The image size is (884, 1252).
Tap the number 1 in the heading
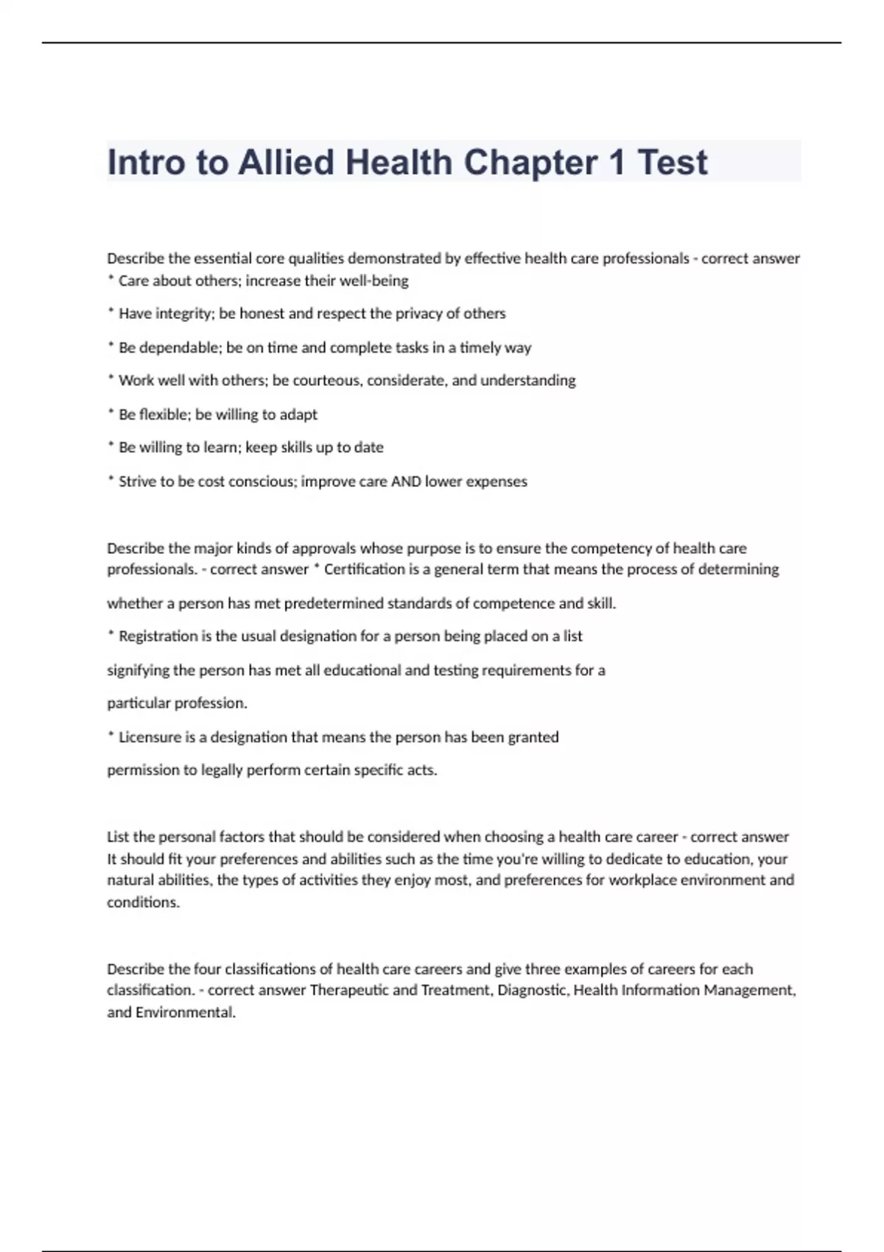[x=616, y=163]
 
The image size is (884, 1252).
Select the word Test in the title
[x=672, y=163]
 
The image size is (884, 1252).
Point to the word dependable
[x=180, y=348]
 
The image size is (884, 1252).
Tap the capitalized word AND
[x=406, y=482]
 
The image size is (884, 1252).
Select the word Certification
[x=365, y=569]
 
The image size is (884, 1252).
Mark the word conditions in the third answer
[x=142, y=902]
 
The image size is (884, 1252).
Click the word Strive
[x=138, y=482]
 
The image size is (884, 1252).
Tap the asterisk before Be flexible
[x=110, y=412]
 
